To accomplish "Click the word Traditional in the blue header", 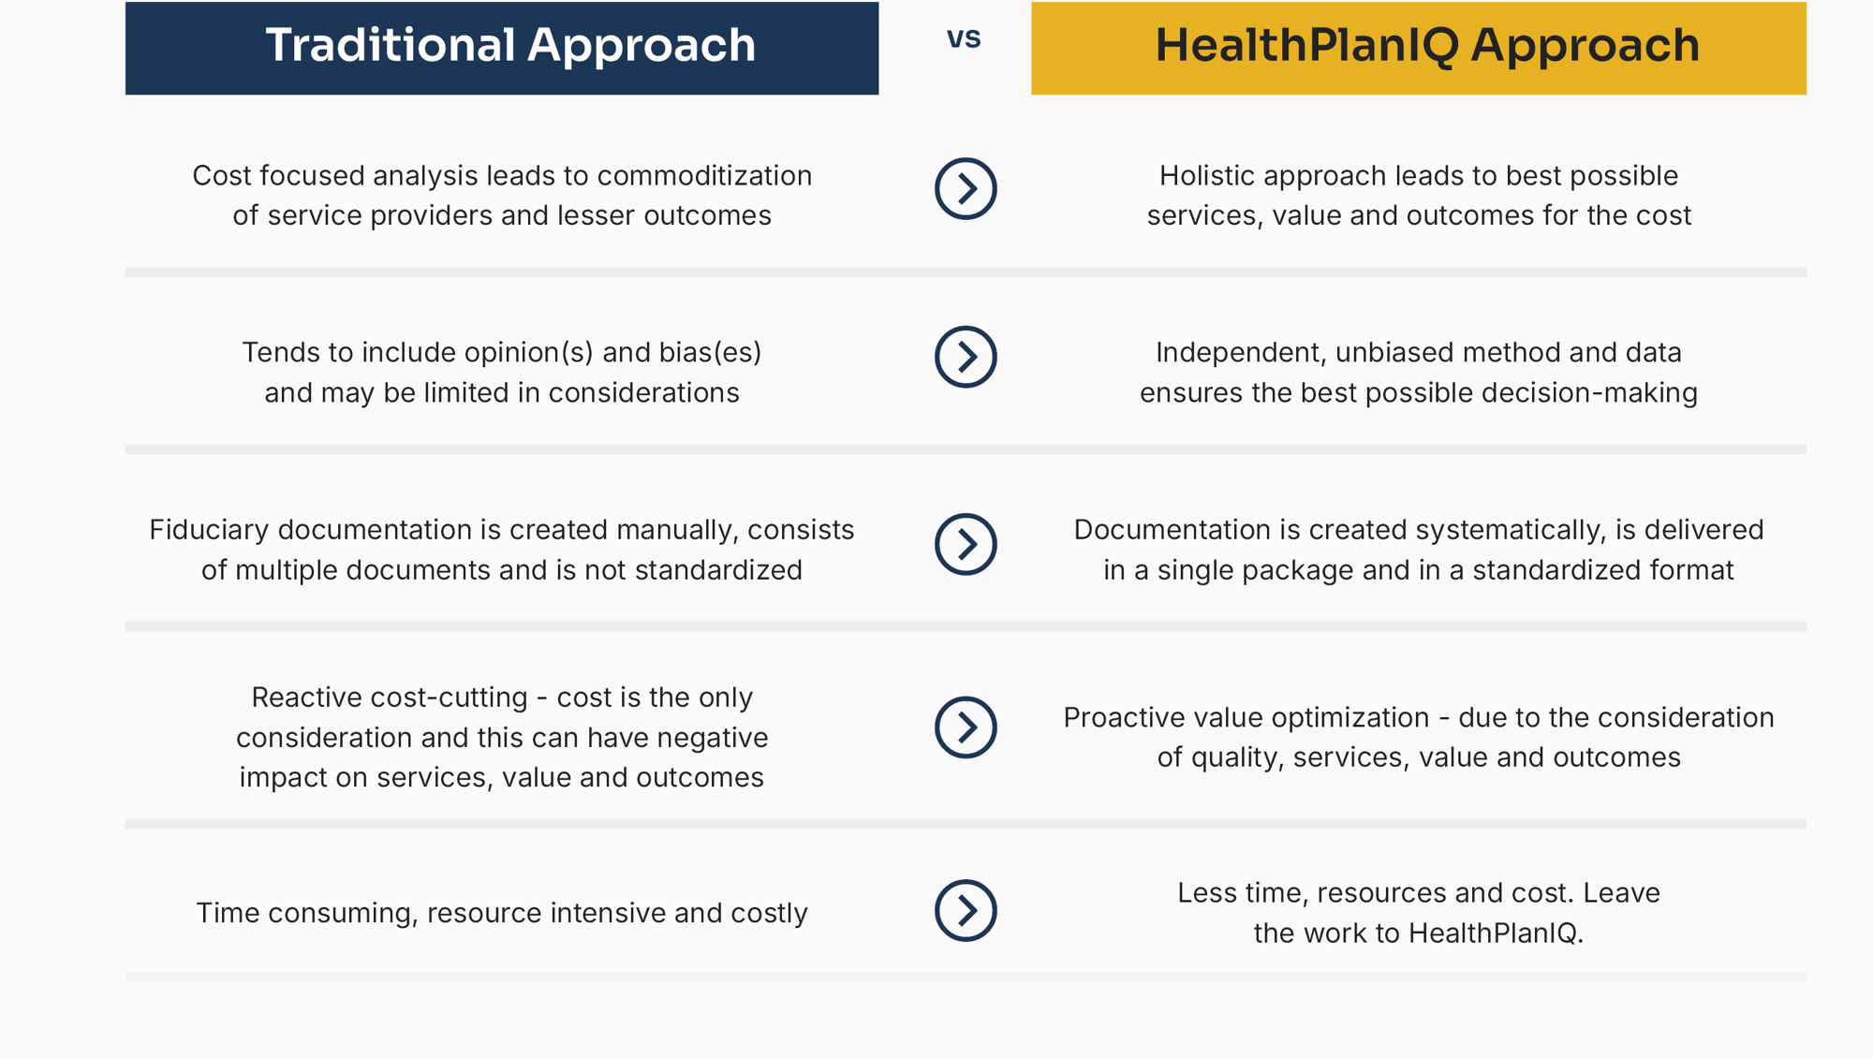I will (390, 45).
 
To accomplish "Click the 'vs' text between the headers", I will (964, 39).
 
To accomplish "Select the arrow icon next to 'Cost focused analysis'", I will (966, 189).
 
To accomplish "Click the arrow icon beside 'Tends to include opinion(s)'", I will (966, 357).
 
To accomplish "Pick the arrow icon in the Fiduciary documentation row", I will (966, 544).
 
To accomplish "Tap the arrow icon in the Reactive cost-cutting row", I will (966, 727).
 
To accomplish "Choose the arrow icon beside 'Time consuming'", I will (966, 910).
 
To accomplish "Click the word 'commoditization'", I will (704, 176).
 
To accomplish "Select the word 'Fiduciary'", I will (209, 530).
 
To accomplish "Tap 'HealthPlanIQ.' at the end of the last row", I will (1496, 933).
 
